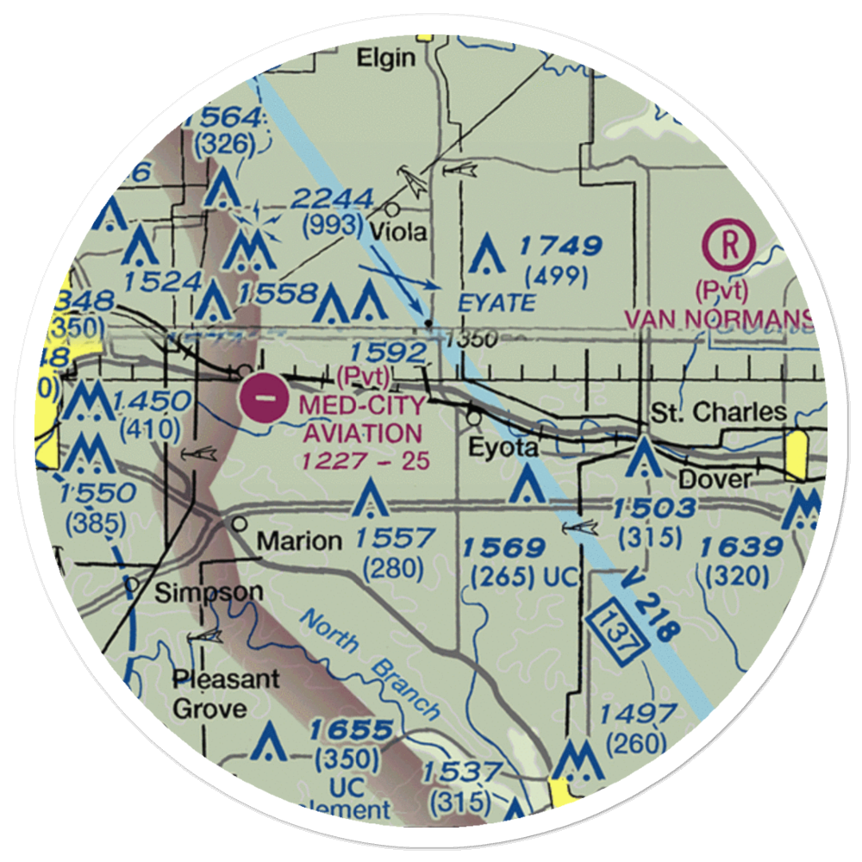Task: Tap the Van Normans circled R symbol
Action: pos(730,246)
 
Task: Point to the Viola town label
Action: pos(397,233)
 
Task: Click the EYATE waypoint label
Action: pos(496,303)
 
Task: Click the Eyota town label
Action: pos(503,448)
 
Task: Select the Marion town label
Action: pos(299,540)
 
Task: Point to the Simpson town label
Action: pos(209,592)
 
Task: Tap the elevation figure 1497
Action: pos(637,714)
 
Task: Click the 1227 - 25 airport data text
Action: pos(365,461)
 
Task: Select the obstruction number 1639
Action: pos(740,547)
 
